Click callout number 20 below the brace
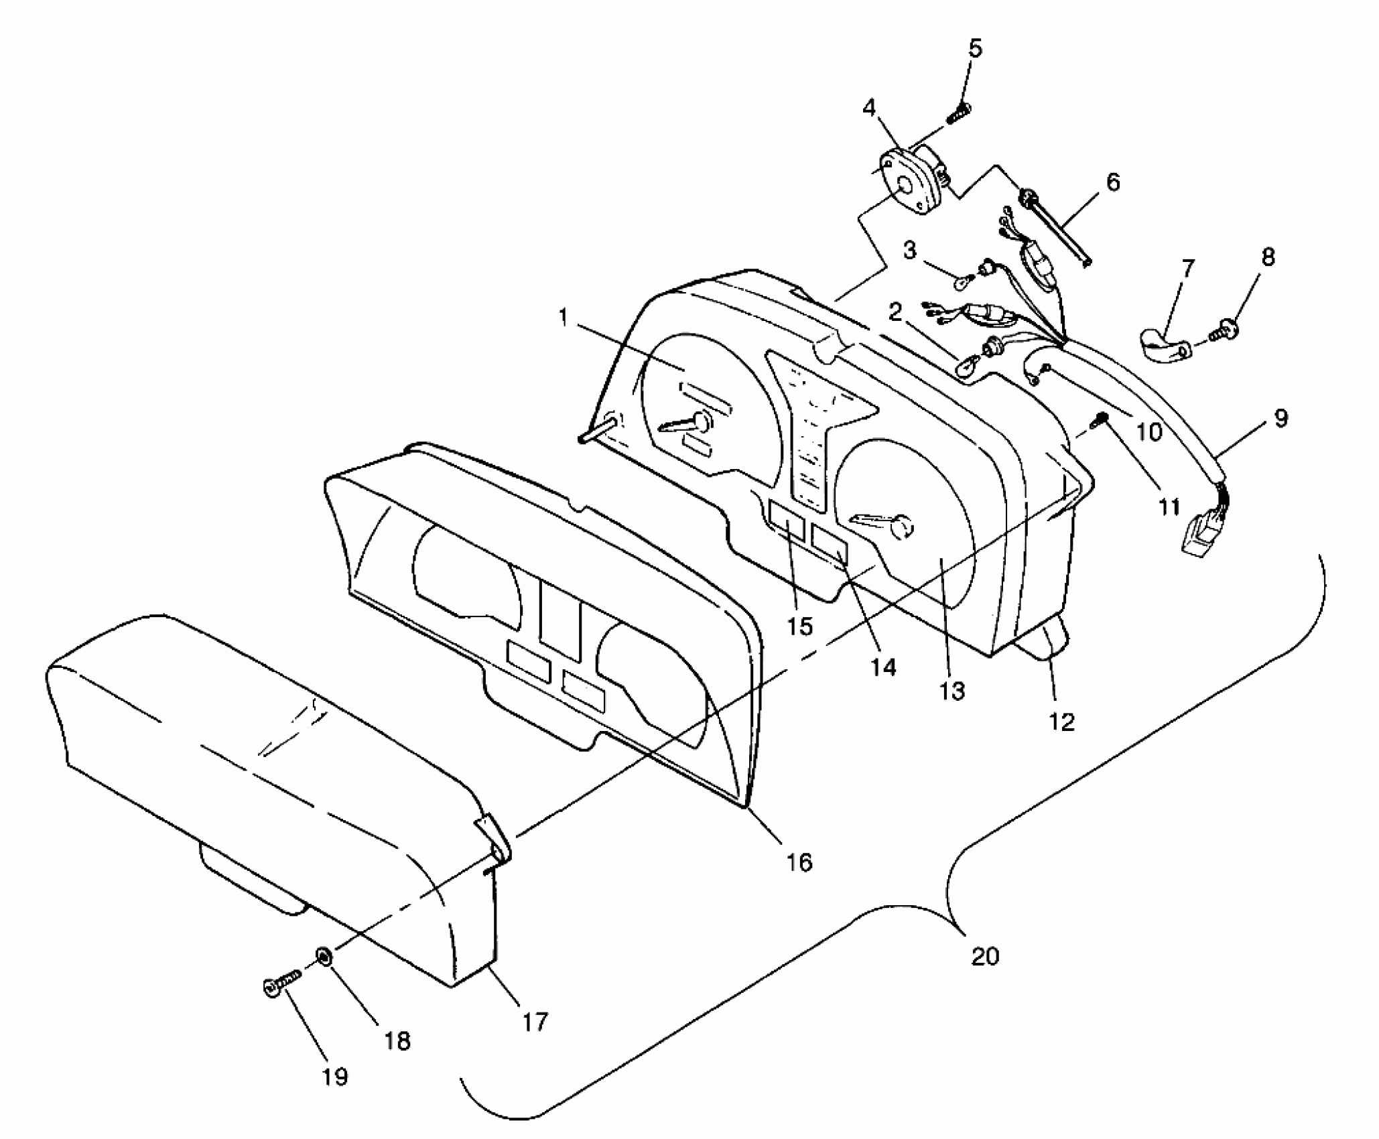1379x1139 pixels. [984, 956]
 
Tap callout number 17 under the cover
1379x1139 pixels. [535, 1021]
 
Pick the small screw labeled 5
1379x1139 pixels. [960, 112]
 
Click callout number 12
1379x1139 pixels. [1062, 722]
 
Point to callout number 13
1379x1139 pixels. [951, 690]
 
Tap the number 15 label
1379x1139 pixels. [799, 626]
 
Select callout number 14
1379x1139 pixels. [883, 667]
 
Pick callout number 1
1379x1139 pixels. [563, 317]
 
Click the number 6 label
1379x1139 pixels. [1112, 182]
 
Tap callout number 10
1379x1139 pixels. [1150, 431]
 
